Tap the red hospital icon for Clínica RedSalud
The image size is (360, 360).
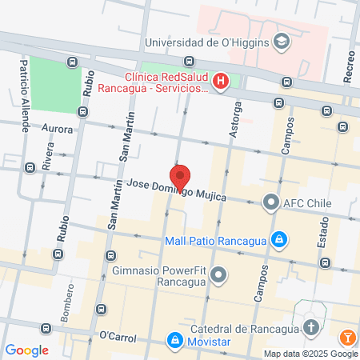point(222,80)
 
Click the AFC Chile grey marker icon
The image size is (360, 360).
point(270,202)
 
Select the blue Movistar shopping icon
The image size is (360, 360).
point(174,341)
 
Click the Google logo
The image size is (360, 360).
point(27,350)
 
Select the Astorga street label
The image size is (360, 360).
point(234,119)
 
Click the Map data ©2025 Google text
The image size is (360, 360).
point(311,354)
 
